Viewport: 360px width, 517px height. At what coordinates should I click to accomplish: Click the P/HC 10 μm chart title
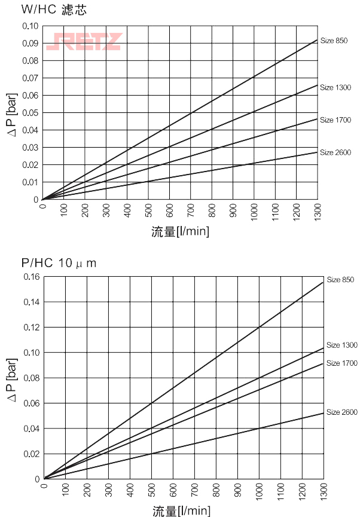point(59,262)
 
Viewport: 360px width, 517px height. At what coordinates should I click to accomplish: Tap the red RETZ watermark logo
point(84,41)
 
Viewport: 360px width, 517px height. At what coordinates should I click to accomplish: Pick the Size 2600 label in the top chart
point(335,152)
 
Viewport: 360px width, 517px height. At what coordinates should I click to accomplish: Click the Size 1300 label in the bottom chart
point(342,345)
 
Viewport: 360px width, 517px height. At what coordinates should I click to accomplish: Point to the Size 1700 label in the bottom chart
point(342,363)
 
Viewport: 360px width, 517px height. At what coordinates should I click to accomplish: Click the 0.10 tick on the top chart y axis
point(30,26)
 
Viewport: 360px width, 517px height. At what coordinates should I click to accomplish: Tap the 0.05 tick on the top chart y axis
point(30,113)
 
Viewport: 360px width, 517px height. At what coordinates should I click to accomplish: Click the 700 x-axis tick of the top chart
point(191,211)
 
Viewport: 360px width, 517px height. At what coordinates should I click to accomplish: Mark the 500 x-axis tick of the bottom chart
point(152,491)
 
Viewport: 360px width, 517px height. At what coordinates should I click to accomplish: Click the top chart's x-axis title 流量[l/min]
point(180,231)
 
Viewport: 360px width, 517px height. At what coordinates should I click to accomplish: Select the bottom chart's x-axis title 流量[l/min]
point(181,511)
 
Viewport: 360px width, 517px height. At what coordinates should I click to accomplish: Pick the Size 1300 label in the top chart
point(335,88)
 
